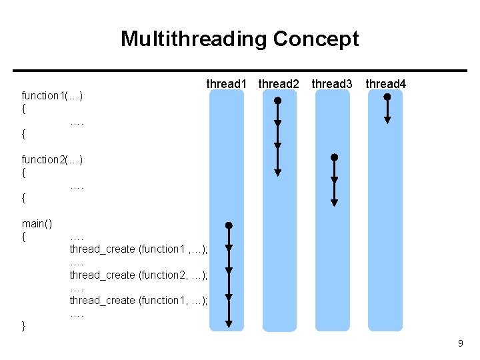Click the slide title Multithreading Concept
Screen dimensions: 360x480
pos(239,39)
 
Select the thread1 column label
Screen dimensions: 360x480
pos(227,84)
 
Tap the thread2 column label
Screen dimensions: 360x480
pos(279,84)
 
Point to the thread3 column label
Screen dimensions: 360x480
pos(332,84)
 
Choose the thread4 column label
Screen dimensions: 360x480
pos(386,84)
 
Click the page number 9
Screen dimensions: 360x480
pos(460,343)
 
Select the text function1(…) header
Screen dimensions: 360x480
pos(52,96)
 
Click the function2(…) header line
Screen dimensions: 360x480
pos(52,159)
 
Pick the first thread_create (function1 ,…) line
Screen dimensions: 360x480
pos(139,249)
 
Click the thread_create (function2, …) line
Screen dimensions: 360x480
pos(139,275)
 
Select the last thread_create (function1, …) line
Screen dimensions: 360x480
pos(139,300)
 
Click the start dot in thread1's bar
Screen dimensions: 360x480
pos(229,226)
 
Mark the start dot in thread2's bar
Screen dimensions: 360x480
pos(278,101)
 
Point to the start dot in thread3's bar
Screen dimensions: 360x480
pos(335,157)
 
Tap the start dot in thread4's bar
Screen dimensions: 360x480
pos(387,96)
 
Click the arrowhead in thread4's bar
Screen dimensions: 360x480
pos(387,121)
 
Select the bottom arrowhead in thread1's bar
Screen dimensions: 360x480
pos(229,324)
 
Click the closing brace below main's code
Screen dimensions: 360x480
pos(24,325)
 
